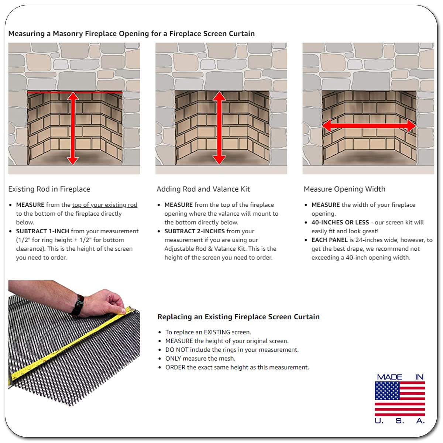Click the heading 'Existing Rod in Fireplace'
pyautogui.click(x=49, y=189)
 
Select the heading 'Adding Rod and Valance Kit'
pyautogui.click(x=203, y=189)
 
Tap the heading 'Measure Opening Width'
pyautogui.click(x=344, y=189)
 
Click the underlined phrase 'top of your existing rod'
pyautogui.click(x=104, y=205)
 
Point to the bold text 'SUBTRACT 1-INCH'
pyautogui.click(x=42, y=231)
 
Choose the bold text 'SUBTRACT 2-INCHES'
pyautogui.click(x=195, y=231)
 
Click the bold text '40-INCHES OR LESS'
pyautogui.click(x=340, y=222)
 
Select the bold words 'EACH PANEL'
pyautogui.click(x=329, y=240)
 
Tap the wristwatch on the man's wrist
pyautogui.click(x=78, y=305)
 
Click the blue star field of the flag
pyautogui.click(x=387, y=391)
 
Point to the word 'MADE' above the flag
pyautogui.click(x=389, y=377)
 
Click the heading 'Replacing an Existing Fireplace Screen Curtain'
pyautogui.click(x=238, y=316)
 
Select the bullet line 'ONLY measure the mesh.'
pyautogui.click(x=200, y=358)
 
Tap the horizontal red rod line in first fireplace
pyautogui.click(x=75, y=92)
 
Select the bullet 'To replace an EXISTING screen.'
pyautogui.click(x=208, y=332)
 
